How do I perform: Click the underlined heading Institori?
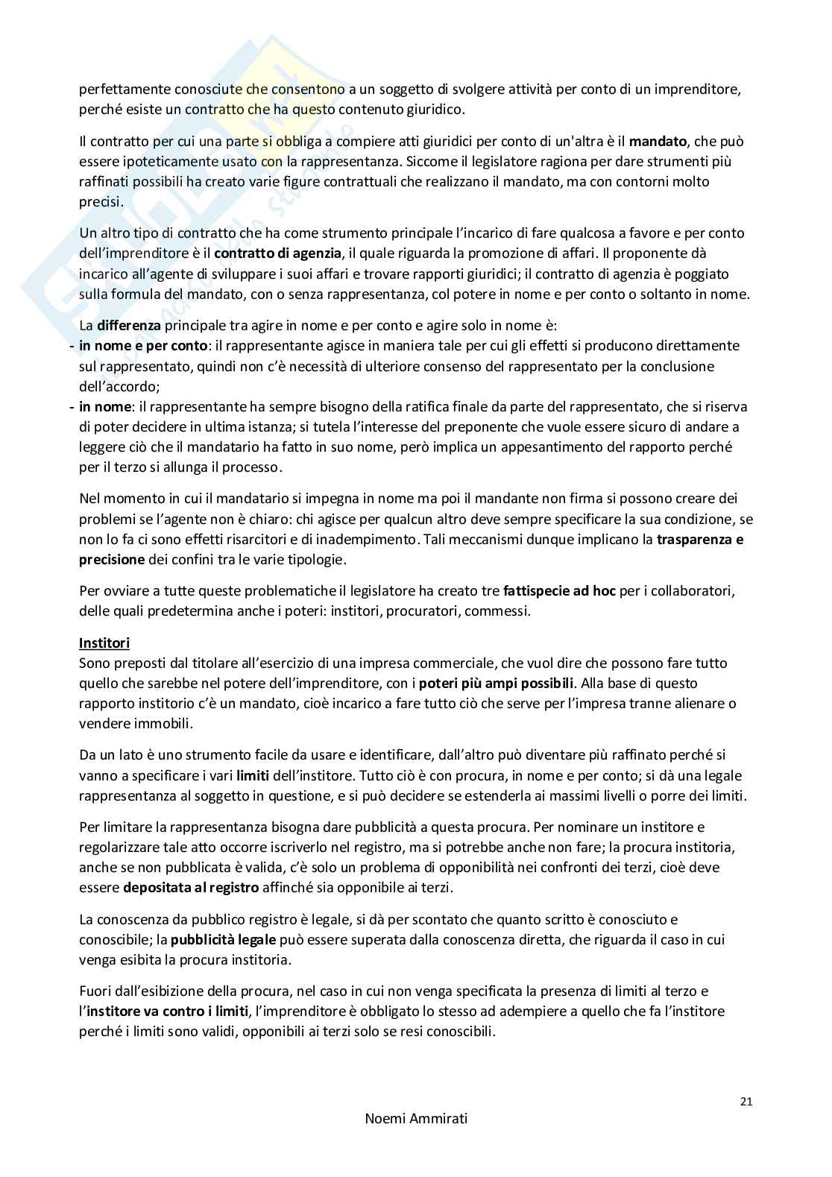pos(104,643)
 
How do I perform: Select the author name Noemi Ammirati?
pos(416,1140)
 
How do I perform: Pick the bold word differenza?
pos(128,325)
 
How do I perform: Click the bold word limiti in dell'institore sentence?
pos(258,774)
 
